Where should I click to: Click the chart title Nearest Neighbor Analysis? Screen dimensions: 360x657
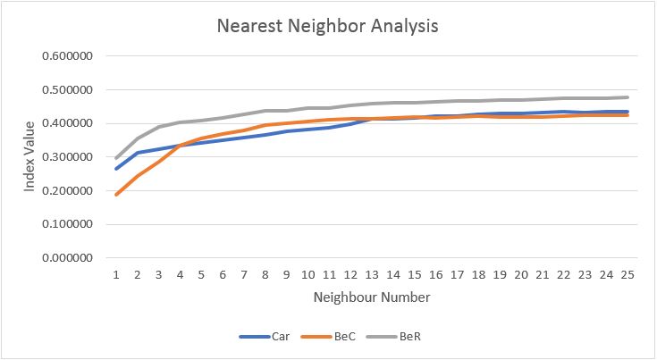(x=328, y=26)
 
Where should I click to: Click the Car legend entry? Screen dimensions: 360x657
(x=264, y=337)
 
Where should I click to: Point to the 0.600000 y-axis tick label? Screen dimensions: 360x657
(x=75, y=56)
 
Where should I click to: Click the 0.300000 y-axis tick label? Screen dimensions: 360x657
(x=75, y=157)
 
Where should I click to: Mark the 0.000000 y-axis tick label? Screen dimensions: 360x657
(x=75, y=258)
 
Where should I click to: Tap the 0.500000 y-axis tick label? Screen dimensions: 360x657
(x=75, y=90)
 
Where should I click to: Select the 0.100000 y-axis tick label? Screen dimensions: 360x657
(x=75, y=224)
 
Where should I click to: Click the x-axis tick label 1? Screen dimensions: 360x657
(x=116, y=272)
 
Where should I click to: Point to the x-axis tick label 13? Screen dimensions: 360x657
(x=372, y=272)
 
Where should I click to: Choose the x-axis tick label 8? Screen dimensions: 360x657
(x=265, y=272)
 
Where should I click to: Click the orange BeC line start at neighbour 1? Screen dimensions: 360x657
(x=116, y=194)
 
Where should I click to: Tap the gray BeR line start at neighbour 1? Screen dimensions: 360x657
(x=116, y=158)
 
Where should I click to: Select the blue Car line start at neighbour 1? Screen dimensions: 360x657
(x=116, y=168)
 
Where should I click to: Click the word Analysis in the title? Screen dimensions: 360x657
(x=399, y=26)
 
